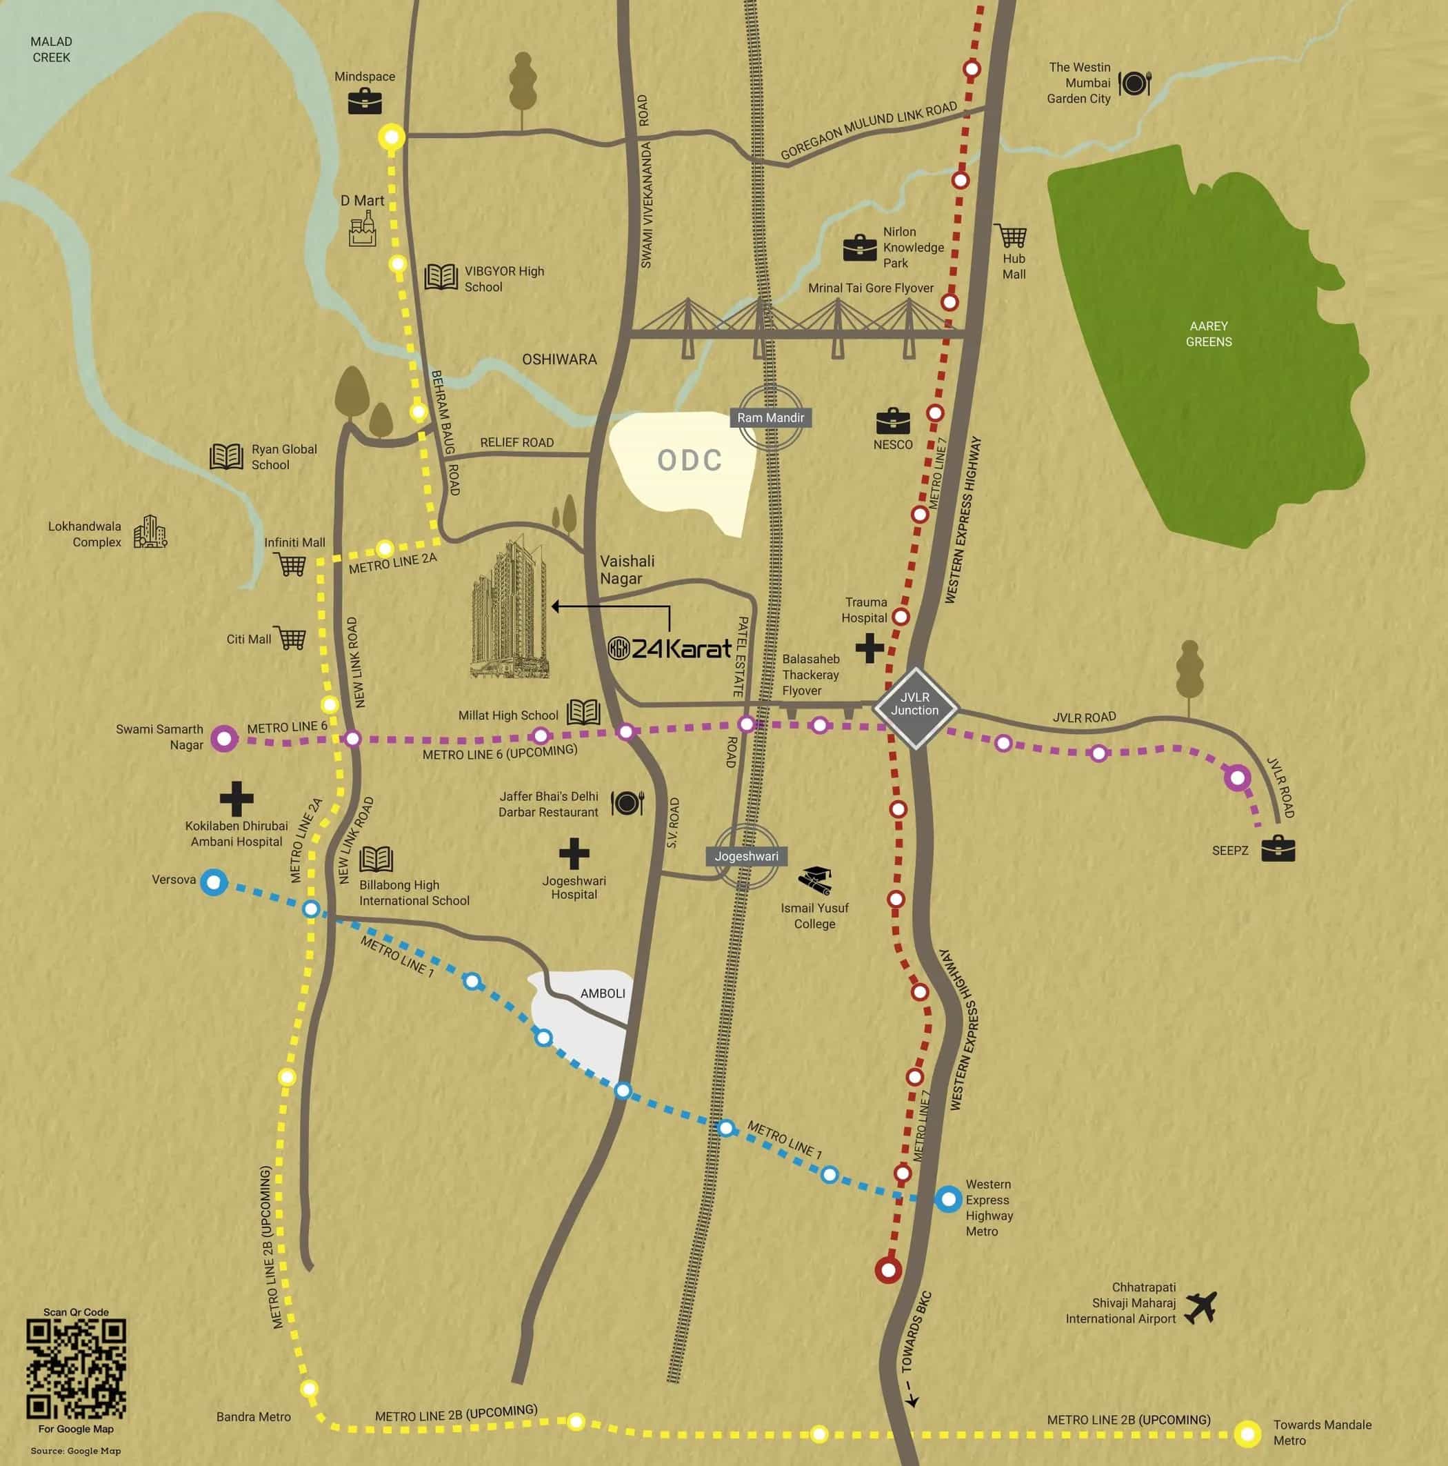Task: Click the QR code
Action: pos(76,1369)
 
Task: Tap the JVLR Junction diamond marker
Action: pos(916,708)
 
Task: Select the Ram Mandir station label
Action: pos(771,417)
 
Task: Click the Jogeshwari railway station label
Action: pos(746,856)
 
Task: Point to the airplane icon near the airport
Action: pos(1200,1307)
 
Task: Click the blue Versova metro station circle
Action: pos(214,882)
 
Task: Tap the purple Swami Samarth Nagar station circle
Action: pos(224,737)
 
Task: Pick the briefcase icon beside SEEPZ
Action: pos(1278,849)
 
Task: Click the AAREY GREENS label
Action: pos(1208,334)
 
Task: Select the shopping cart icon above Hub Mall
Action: pos(1011,235)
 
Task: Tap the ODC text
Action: pos(690,460)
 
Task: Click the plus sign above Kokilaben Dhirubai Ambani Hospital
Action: pos(236,798)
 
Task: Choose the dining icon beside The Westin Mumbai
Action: pos(1135,83)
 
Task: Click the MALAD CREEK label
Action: pos(52,49)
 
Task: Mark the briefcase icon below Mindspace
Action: pos(365,101)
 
